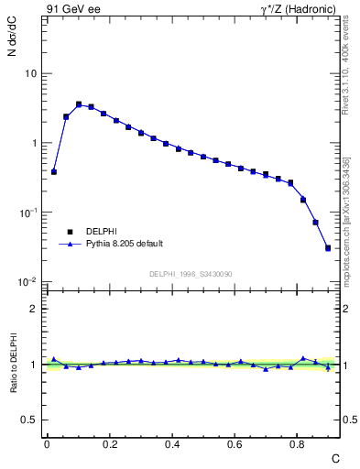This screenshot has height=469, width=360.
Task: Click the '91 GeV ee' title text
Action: [71, 9]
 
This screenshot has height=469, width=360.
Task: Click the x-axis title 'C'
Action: [334, 457]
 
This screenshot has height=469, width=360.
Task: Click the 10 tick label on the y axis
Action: [31, 73]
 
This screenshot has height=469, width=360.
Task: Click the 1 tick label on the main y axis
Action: [34, 143]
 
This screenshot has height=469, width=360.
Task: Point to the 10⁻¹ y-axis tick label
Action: [29, 212]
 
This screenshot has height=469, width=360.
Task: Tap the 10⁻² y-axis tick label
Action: [29, 281]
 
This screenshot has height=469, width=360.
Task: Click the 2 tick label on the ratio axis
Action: [34, 309]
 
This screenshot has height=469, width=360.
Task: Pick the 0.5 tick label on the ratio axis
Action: [29, 420]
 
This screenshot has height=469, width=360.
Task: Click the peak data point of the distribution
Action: [79, 104]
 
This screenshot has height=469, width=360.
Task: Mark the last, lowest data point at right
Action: [328, 247]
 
